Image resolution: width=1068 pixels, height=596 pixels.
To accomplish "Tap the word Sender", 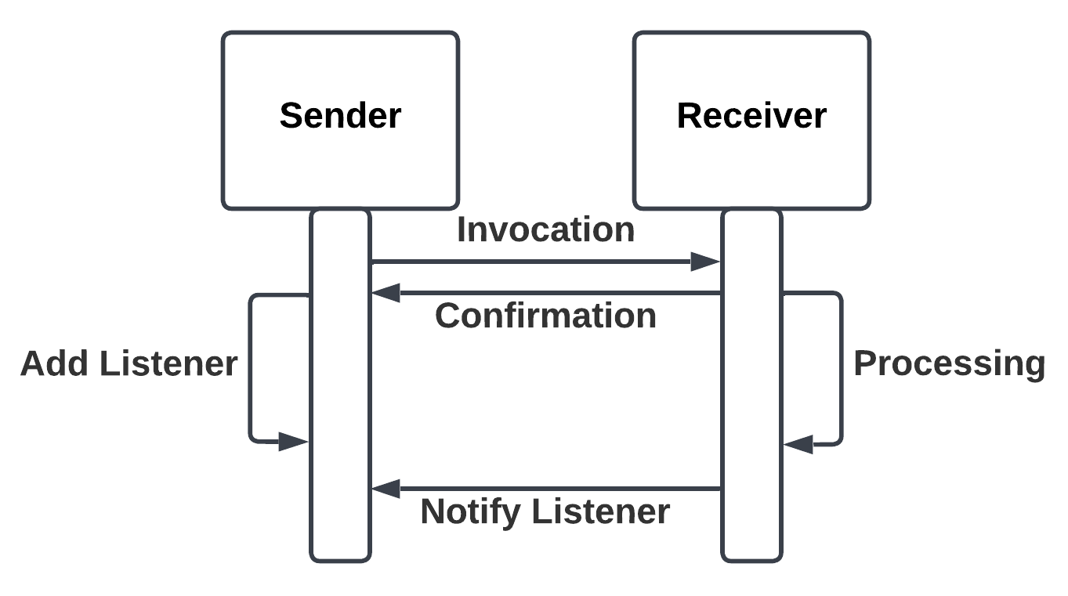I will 340,115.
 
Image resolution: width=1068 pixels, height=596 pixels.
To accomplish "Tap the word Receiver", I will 751,115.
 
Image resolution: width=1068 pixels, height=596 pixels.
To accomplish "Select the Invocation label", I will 545,230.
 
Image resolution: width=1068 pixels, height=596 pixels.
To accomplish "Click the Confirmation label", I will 545,316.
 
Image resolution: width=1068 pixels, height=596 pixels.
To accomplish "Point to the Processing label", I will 949,363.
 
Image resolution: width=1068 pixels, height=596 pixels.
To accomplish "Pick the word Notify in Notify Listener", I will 470,511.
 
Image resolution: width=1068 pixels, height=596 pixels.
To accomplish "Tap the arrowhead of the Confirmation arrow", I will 386,294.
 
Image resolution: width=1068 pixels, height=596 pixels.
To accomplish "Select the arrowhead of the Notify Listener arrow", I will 386,489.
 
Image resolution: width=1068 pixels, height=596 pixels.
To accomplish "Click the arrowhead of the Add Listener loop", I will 295,442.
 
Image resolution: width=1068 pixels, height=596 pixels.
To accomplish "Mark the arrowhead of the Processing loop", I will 798,444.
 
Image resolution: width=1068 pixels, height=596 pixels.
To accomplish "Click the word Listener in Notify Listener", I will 601,511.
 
